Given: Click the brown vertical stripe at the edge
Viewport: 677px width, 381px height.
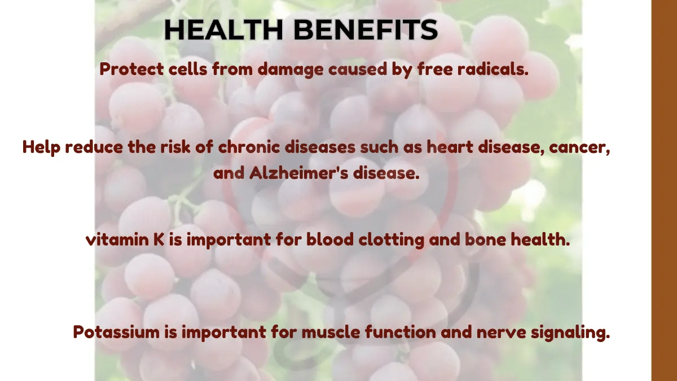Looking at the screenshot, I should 664,190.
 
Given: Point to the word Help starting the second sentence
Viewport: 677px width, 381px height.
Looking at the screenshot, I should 42,147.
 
